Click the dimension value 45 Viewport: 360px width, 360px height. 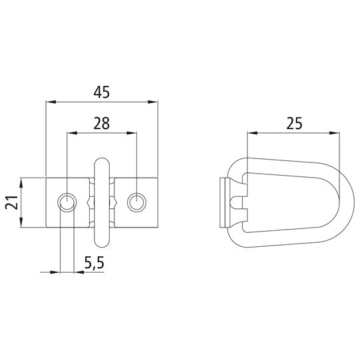(101, 93)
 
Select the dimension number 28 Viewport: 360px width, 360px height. (101, 123)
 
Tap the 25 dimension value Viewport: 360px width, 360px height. (294, 122)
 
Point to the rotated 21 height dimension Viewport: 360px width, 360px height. (11, 202)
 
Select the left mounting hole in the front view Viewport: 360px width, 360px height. (67, 202)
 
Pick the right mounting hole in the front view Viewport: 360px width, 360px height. (136, 202)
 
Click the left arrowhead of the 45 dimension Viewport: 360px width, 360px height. (49, 102)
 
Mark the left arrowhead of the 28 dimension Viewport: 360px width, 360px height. (71, 132)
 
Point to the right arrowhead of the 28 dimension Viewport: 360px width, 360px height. (132, 132)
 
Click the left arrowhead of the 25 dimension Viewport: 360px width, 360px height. (251, 132)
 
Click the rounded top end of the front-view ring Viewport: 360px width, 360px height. (102, 162)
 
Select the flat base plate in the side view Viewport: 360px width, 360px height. (224, 202)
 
